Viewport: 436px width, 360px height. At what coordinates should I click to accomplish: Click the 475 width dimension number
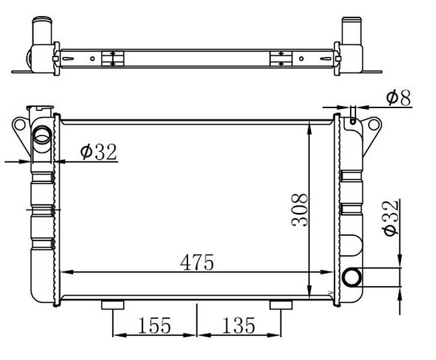click(198, 262)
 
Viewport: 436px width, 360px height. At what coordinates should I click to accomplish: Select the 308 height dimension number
click(300, 209)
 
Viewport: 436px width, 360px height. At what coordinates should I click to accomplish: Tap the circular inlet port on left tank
click(43, 136)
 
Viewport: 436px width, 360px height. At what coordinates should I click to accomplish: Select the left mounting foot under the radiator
click(113, 305)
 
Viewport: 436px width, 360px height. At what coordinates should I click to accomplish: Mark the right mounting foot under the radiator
click(280, 305)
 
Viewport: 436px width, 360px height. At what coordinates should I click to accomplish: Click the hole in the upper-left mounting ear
click(18, 125)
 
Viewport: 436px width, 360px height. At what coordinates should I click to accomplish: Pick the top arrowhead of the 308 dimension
click(309, 127)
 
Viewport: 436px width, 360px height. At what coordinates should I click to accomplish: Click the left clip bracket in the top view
click(112, 59)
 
